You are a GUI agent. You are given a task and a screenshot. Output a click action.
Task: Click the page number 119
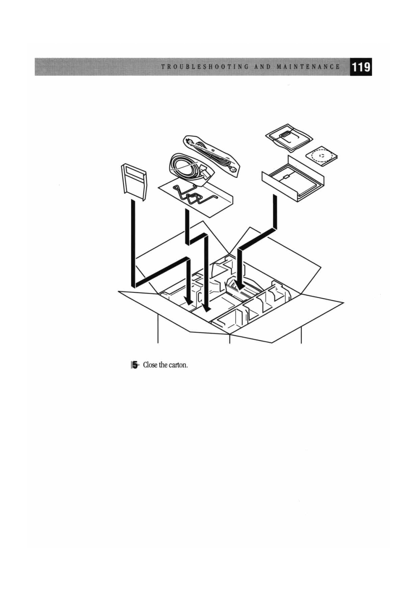pos(361,67)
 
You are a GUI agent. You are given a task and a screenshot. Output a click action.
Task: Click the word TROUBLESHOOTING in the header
pos(205,67)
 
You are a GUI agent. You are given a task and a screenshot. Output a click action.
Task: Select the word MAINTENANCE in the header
pos(308,67)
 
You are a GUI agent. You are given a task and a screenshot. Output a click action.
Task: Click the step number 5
pos(135,365)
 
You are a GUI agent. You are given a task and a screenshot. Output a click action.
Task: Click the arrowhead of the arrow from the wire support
pos(206,306)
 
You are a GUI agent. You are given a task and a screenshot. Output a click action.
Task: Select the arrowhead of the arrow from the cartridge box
pos(241,285)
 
